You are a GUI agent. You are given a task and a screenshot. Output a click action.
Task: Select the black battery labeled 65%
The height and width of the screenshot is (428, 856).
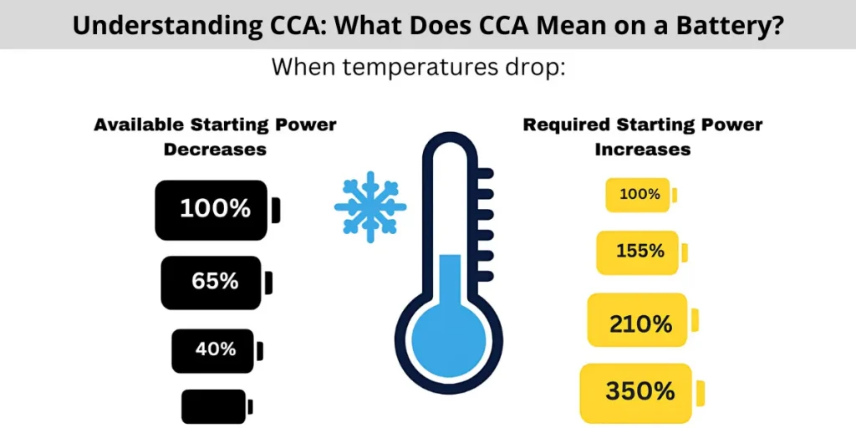click(x=212, y=283)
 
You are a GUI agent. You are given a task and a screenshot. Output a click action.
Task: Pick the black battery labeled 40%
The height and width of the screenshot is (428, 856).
click(x=213, y=350)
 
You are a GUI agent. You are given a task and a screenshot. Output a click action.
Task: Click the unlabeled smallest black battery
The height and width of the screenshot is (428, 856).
click(x=214, y=406)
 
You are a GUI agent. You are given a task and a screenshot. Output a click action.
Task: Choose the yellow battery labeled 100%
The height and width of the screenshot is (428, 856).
click(x=638, y=195)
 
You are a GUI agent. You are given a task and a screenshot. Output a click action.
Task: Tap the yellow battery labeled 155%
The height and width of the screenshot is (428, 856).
click(x=638, y=252)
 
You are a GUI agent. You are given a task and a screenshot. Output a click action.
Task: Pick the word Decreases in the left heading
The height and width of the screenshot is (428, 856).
click(x=215, y=150)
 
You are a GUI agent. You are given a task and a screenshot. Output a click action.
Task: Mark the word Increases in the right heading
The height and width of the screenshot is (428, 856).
click(x=642, y=150)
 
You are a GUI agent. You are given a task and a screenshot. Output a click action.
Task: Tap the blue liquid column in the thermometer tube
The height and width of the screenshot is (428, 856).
click(x=450, y=276)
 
